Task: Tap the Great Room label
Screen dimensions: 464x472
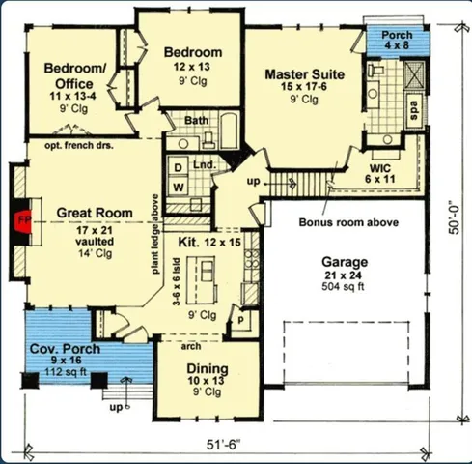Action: pos(94,213)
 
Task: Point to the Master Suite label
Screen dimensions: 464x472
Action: pos(305,72)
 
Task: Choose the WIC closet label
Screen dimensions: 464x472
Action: pos(379,166)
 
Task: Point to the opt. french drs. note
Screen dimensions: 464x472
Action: pos(80,144)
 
